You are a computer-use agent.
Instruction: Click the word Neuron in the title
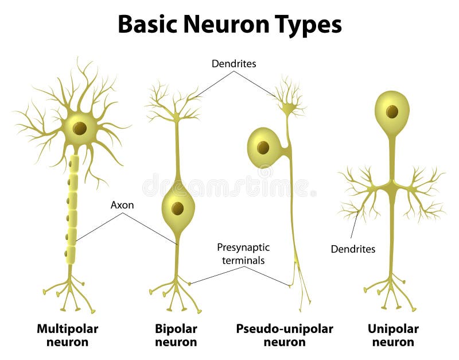tap(228, 25)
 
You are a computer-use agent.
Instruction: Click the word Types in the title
tap(309, 25)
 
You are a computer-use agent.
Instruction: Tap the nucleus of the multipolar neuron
tap(80, 128)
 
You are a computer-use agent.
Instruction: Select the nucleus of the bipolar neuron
tap(177, 208)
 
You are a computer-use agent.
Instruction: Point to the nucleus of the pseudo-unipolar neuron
tap(263, 148)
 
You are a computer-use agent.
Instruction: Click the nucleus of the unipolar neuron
tap(392, 111)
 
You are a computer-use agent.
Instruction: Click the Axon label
tap(122, 204)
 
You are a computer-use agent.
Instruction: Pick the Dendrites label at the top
tap(234, 64)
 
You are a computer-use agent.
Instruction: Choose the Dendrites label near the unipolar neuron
tap(353, 249)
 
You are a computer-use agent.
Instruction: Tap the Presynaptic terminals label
tap(243, 254)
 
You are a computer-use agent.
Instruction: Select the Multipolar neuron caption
tap(67, 335)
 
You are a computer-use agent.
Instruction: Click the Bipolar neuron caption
tap(176, 335)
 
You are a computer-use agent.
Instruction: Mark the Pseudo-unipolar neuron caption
tap(285, 335)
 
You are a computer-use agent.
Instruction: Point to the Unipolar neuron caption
tap(393, 335)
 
